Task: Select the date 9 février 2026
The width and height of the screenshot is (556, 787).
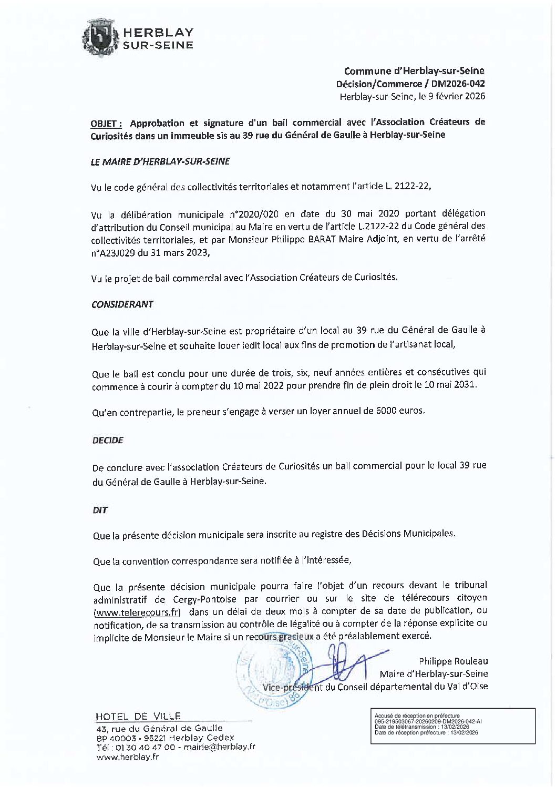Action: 451,96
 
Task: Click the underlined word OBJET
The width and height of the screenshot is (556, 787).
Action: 106,124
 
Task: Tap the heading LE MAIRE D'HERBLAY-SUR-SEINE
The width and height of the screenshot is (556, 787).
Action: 160,162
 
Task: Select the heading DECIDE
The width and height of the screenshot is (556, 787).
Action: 107,441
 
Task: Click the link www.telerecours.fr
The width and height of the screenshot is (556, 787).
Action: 137,612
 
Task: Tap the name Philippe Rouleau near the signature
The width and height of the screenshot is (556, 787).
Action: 453,661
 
